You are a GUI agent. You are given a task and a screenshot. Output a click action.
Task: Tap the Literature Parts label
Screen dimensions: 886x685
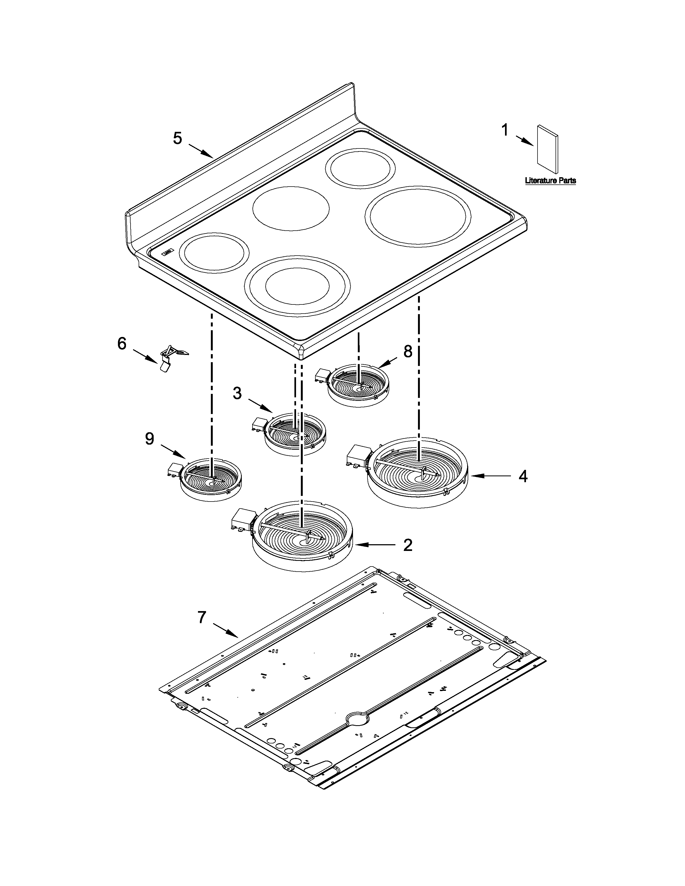point(550,180)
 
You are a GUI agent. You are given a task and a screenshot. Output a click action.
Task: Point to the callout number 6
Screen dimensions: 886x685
point(122,344)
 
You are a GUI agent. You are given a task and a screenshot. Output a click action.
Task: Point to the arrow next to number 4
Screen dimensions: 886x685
point(489,476)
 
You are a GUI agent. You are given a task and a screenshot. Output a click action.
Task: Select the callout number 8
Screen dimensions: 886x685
point(408,351)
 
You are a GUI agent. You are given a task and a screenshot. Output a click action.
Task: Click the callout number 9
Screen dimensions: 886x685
point(150,438)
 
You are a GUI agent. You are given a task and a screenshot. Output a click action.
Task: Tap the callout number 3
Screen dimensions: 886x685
point(237,393)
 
